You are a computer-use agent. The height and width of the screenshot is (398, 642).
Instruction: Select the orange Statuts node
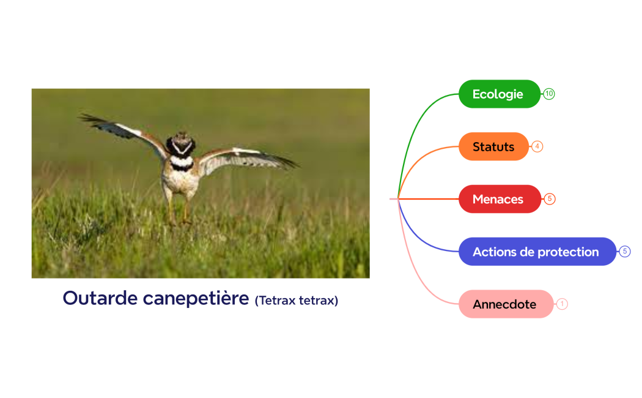click(x=493, y=147)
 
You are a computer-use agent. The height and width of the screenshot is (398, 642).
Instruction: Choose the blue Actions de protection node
click(x=536, y=252)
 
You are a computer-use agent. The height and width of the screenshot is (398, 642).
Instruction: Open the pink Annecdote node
click(x=505, y=304)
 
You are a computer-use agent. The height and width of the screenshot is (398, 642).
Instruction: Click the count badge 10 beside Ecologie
click(x=549, y=94)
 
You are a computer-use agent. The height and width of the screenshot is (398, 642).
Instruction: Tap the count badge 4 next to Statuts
click(x=537, y=147)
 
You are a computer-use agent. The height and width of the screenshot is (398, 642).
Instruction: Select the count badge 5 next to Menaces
click(x=550, y=199)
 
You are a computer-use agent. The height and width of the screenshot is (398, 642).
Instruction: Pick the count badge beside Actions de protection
click(x=624, y=252)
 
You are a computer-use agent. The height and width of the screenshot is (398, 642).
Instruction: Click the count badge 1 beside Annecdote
click(x=562, y=304)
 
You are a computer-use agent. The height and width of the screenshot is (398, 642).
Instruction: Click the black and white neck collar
click(x=181, y=162)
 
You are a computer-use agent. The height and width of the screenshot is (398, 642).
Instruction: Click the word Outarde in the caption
click(x=100, y=298)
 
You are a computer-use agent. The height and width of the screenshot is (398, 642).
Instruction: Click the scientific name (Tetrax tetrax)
click(x=297, y=300)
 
